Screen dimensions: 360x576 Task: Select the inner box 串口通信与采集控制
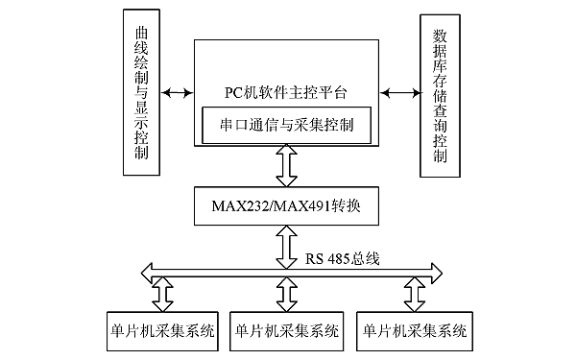tap(285, 125)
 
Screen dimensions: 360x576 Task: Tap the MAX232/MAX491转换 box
tap(285, 204)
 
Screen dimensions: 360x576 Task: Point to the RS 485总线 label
tap(344, 258)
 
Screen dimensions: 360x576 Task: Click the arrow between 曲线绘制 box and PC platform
tap(178, 93)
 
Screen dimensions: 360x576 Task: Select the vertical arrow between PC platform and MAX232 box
tap(285, 167)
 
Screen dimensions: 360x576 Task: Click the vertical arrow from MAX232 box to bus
tap(285, 246)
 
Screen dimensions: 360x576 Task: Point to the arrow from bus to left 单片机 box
tap(158, 292)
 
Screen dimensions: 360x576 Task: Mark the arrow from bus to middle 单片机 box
tap(285, 292)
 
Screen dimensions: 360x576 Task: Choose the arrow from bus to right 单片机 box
tap(414, 292)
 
